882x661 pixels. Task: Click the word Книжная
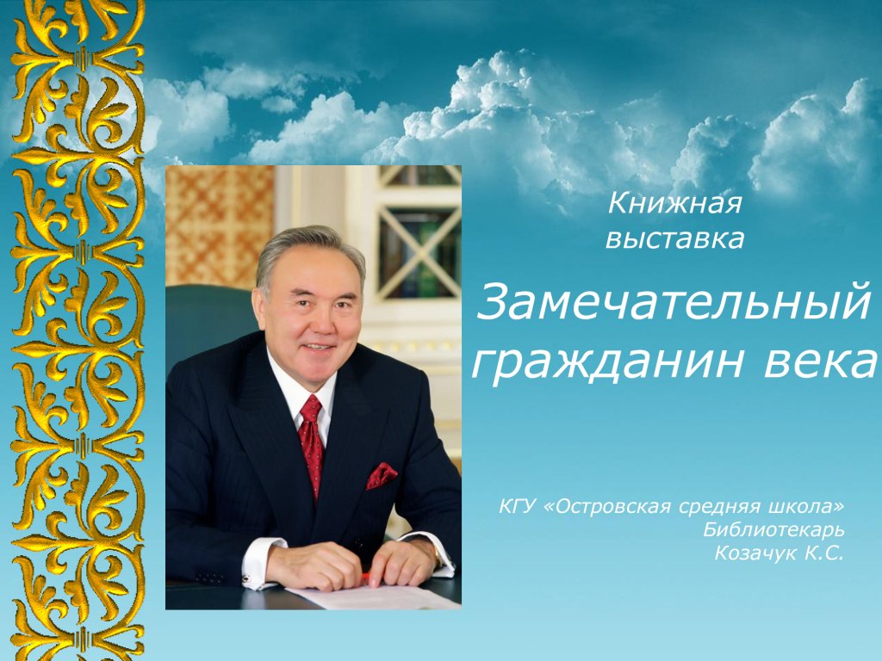coord(674,203)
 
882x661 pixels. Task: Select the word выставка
coord(675,239)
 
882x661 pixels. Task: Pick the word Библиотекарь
coord(773,529)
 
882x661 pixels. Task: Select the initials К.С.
coord(824,553)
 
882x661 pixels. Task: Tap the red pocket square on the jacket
coord(381,475)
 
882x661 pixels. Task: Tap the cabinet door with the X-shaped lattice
coord(419,253)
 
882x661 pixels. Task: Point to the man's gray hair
coord(308,247)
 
